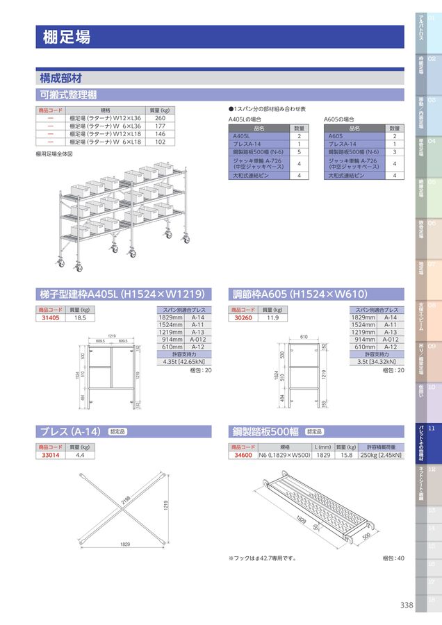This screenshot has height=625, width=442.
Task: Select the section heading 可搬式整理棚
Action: pos(68,94)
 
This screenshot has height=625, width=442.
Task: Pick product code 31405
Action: pos(51,317)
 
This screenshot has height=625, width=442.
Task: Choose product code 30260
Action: pos(243,317)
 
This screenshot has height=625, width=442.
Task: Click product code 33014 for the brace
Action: pos(51,455)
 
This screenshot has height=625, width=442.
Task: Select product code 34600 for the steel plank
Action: pos(243,455)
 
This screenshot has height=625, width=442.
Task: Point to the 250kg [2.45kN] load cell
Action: pos(380,455)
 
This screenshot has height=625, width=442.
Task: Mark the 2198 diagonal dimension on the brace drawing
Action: pos(126,502)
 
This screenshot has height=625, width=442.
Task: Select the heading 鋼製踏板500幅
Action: pos(265,431)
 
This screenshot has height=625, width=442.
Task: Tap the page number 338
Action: pos(407,605)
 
